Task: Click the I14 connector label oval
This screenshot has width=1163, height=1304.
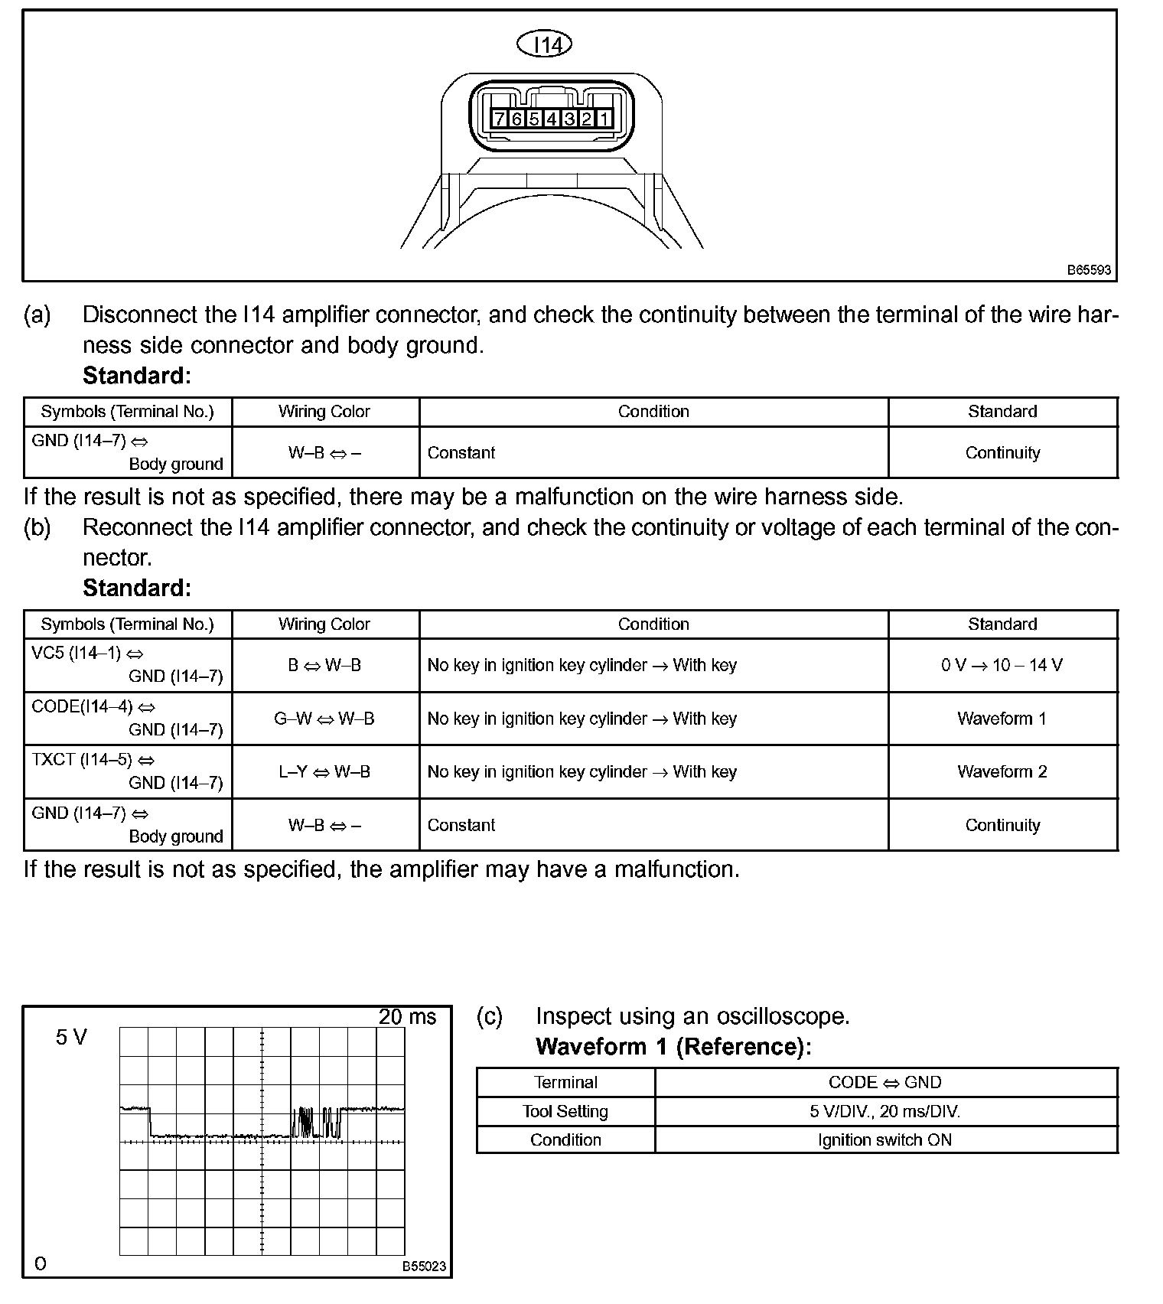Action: tap(545, 45)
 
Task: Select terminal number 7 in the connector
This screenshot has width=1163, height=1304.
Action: tap(500, 119)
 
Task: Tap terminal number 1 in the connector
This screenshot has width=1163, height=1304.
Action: tap(604, 119)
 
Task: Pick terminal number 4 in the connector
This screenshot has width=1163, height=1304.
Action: tap(552, 119)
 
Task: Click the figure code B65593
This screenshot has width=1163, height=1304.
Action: tap(1089, 270)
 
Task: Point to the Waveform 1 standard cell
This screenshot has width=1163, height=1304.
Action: tap(1002, 719)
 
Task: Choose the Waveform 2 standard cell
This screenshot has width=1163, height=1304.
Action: tap(1002, 771)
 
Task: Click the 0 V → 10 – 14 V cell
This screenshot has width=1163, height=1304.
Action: tap(1002, 665)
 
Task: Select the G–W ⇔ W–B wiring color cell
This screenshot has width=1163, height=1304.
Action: tap(324, 719)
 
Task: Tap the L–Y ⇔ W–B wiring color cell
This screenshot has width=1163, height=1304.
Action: tap(324, 771)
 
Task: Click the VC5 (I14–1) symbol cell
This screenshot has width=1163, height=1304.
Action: tap(127, 665)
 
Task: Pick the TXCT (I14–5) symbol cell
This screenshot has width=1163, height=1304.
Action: tap(127, 771)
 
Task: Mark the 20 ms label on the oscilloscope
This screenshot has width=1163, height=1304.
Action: tap(407, 1017)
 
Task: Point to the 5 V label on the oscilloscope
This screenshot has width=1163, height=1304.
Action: tap(71, 1038)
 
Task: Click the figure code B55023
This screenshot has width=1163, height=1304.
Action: tap(424, 1267)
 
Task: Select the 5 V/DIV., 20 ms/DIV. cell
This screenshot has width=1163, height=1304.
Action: tap(885, 1111)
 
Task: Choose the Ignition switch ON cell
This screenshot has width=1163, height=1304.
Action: tap(885, 1139)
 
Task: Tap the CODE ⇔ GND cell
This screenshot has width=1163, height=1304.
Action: tap(885, 1082)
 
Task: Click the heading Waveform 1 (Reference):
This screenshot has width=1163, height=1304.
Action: tap(673, 1047)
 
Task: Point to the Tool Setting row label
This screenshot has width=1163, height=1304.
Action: tap(565, 1111)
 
